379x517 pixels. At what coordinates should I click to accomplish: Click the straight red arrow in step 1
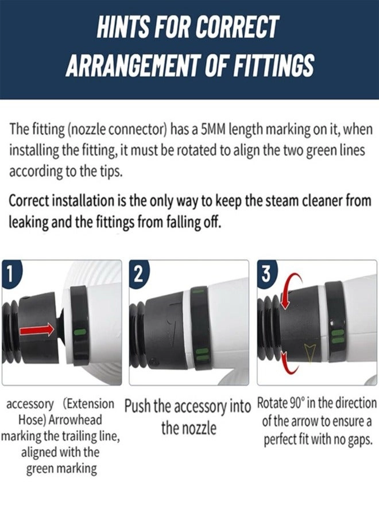pyautogui.click(x=37, y=329)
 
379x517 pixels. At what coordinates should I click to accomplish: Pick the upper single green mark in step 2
pyautogui.click(x=199, y=291)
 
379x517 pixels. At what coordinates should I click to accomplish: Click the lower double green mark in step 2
pyautogui.click(x=200, y=355)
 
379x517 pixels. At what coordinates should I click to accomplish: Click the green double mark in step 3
pyautogui.click(x=336, y=337)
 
